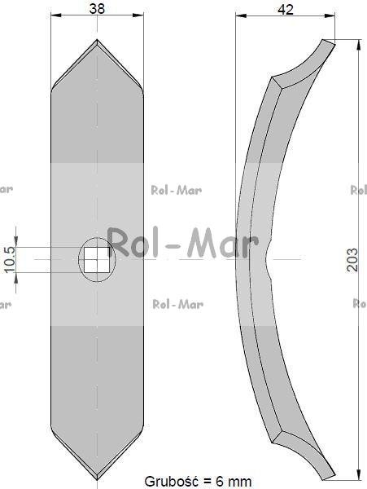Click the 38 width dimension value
(97, 9)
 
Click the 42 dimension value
(286, 10)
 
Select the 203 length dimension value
(352, 260)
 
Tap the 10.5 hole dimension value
(10, 259)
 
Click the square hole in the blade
(97, 259)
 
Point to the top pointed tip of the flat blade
(97, 39)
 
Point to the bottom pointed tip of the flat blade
(97, 480)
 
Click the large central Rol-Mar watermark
(183, 242)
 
